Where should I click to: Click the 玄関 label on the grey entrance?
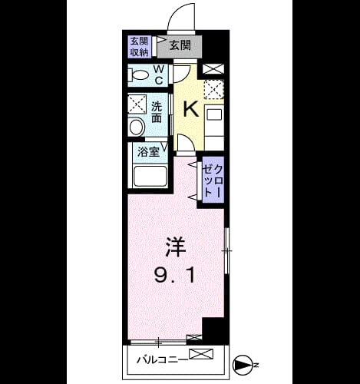pyautogui.click(x=180, y=45)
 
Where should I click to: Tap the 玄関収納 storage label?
pyautogui.click(x=140, y=47)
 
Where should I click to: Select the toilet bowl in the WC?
pyautogui.click(x=139, y=75)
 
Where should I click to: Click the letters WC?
pyautogui.click(x=159, y=74)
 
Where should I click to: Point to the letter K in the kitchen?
pyautogui.click(x=191, y=109)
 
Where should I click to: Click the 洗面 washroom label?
pyautogui.click(x=157, y=112)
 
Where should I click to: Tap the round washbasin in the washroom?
pyautogui.click(x=137, y=127)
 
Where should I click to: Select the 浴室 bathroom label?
pyautogui.click(x=149, y=152)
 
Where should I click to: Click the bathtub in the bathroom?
pyautogui.click(x=150, y=176)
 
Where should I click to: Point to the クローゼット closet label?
pyautogui.click(x=213, y=180)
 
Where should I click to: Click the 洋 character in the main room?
pyautogui.click(x=176, y=247)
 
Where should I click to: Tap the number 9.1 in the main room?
pyautogui.click(x=176, y=274)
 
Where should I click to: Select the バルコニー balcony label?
pyautogui.click(x=163, y=359)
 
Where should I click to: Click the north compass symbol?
pyautogui.click(x=242, y=365)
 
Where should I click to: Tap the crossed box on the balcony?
pyautogui.click(x=201, y=355)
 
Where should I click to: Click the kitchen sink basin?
pyautogui.click(x=214, y=115)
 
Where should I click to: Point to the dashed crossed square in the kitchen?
pyautogui.click(x=214, y=89)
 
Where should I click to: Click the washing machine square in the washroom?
pyautogui.click(x=137, y=104)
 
